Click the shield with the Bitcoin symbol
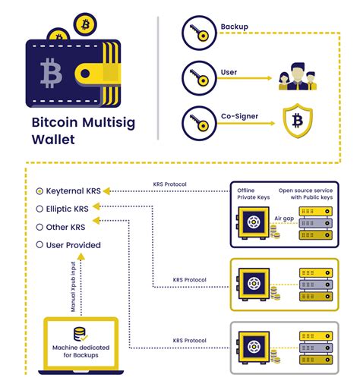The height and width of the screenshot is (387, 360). [298, 121]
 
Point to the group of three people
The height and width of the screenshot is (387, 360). [298, 77]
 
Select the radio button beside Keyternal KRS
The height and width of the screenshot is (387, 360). [39, 191]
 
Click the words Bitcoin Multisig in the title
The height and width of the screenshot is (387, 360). [84, 122]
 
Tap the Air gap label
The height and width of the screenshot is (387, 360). [284, 219]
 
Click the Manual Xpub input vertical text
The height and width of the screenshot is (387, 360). [73, 287]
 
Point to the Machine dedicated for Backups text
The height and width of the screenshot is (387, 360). [81, 351]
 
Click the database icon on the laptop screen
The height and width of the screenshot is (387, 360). [81, 334]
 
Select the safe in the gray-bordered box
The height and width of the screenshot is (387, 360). [254, 347]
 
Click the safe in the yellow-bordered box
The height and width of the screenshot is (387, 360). [254, 285]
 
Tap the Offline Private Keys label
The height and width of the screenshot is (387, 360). [254, 193]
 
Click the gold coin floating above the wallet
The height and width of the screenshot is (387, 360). [85, 24]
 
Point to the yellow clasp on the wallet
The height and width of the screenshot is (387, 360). [96, 74]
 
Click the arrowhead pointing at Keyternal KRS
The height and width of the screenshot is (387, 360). [106, 191]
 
